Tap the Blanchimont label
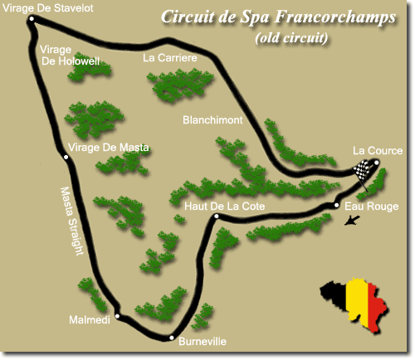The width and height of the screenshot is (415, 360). coord(212,121)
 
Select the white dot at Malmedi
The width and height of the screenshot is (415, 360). coord(119,316)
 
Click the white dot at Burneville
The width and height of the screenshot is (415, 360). coord(171,338)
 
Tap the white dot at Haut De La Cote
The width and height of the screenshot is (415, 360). coord(216,217)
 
